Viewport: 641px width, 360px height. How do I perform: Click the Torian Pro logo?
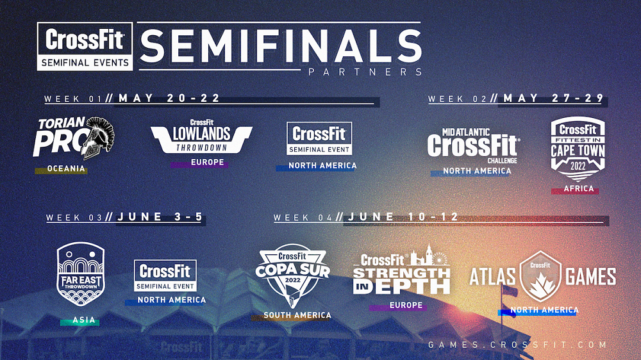[x=74, y=138]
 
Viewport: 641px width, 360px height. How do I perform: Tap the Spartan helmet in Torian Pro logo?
[x=97, y=138]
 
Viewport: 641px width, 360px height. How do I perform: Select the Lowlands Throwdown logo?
[x=201, y=136]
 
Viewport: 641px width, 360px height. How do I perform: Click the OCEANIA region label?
[x=66, y=168]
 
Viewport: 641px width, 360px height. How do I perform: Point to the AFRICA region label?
[x=578, y=189]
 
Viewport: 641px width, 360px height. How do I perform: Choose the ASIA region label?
[x=84, y=320]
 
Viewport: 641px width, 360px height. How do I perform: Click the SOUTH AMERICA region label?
[x=297, y=315]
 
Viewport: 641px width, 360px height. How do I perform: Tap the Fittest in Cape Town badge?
[x=578, y=149]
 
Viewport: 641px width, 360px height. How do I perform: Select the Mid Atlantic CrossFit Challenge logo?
[x=474, y=146]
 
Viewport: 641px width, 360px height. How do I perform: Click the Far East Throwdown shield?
[x=81, y=274]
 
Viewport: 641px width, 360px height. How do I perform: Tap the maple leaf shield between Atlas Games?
[x=540, y=276]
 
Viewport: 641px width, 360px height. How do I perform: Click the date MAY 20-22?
[x=169, y=98]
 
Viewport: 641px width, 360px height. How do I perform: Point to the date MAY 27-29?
[x=554, y=98]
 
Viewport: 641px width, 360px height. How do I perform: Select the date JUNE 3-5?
[x=160, y=217]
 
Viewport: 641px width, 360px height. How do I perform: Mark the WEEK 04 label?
[x=303, y=218]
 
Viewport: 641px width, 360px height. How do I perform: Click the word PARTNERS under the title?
[x=365, y=72]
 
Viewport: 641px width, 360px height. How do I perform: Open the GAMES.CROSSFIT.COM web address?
[x=517, y=345]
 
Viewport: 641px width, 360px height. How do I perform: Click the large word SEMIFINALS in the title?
[x=281, y=45]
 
